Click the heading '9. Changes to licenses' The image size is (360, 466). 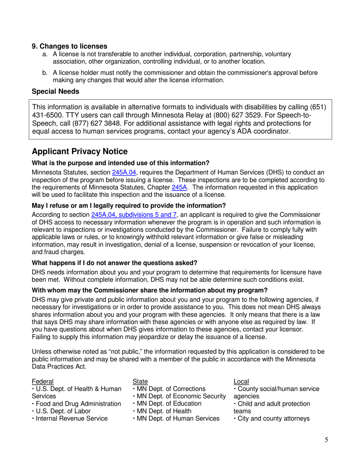(69, 46)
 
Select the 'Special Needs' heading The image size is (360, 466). (56, 91)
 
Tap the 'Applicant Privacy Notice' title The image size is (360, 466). (80, 152)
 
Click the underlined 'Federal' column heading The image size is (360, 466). (42, 381)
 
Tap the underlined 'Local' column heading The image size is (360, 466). (241, 381)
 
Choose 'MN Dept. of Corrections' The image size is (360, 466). (171, 389)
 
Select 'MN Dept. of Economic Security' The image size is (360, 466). (180, 396)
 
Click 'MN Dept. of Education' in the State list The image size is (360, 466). (169, 403)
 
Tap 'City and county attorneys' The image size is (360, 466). (273, 419)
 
